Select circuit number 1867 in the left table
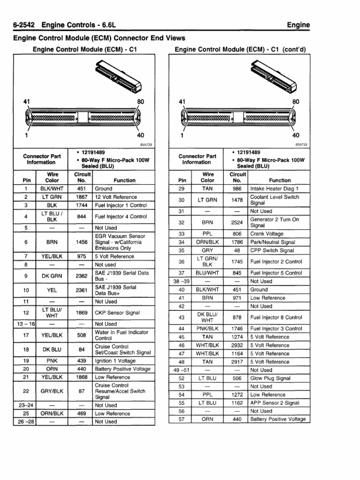(82, 197)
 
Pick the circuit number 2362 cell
(82, 276)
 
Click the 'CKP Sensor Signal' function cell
(117, 313)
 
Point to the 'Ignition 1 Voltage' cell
(115, 361)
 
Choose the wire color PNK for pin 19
(52, 361)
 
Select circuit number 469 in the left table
(82, 413)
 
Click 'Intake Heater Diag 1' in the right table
(274, 188)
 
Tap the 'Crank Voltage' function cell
(268, 233)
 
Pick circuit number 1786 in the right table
(237, 242)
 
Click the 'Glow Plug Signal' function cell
(270, 378)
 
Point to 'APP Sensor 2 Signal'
(275, 403)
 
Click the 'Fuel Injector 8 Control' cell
(276, 317)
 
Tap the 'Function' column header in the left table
(124, 180)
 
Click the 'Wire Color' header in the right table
(208, 177)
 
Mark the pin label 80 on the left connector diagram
(140, 102)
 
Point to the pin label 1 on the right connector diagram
(182, 136)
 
